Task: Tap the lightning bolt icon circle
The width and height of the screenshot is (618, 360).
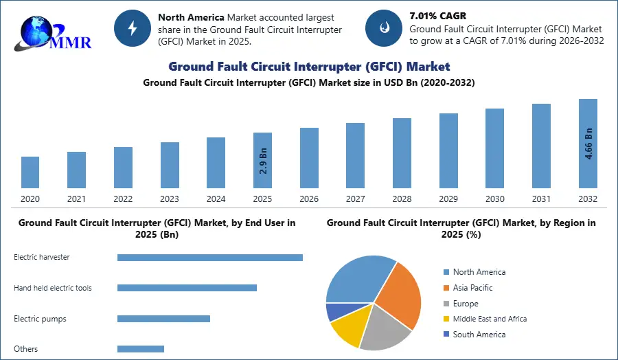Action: pyautogui.click(x=133, y=27)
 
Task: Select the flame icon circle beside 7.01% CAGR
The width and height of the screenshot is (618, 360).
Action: pyautogui.click(x=384, y=27)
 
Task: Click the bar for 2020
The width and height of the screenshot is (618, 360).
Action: pyautogui.click(x=30, y=172)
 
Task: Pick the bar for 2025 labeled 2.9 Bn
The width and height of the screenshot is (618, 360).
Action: pyautogui.click(x=263, y=160)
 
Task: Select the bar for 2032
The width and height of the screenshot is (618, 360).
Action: pyautogui.click(x=588, y=144)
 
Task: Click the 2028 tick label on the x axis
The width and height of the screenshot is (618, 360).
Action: pyautogui.click(x=402, y=199)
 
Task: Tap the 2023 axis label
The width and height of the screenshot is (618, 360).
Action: pyautogui.click(x=170, y=199)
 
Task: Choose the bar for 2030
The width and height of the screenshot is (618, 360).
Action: pyautogui.click(x=494, y=148)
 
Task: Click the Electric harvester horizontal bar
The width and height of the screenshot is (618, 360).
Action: pyautogui.click(x=209, y=258)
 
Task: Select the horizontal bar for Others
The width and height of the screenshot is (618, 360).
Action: pyautogui.click(x=141, y=349)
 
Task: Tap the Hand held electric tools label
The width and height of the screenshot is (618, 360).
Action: pyautogui.click(x=53, y=288)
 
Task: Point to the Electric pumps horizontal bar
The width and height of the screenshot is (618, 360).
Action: pyautogui.click(x=163, y=319)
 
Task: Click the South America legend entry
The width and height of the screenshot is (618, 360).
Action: pyautogui.click(x=479, y=335)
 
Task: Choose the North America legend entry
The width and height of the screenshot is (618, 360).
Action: pyautogui.click(x=479, y=272)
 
